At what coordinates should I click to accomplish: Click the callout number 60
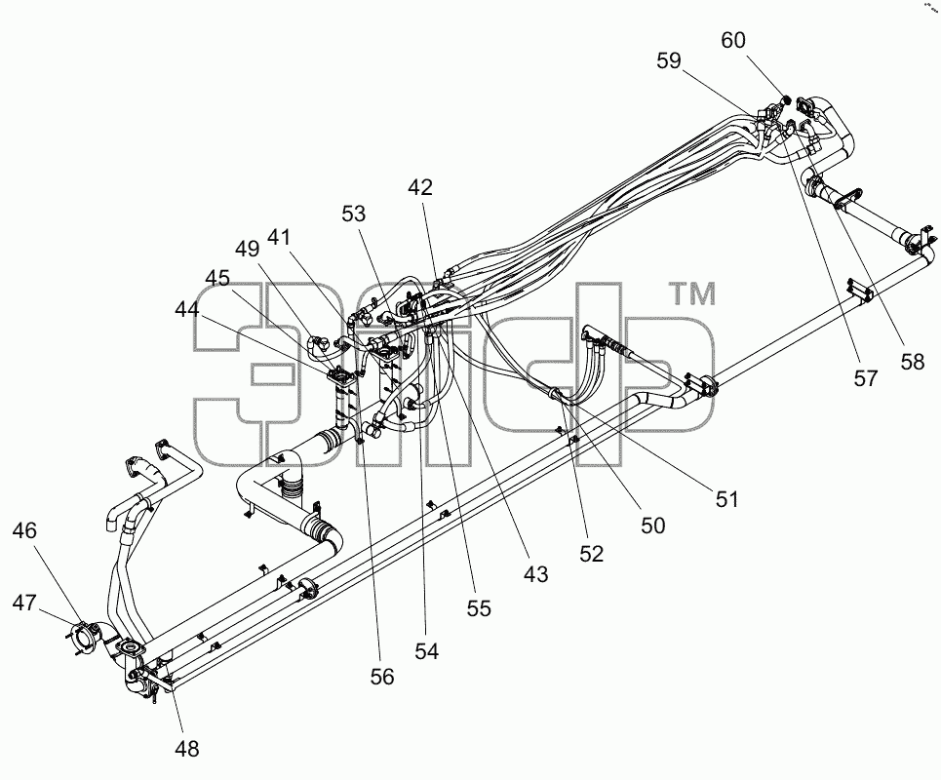pos(732,40)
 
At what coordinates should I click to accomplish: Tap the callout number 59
pos(669,60)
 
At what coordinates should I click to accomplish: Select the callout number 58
pos(912,362)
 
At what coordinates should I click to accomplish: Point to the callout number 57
pos(865,378)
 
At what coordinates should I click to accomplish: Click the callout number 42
pos(420,188)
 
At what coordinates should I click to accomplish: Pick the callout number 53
pos(353,214)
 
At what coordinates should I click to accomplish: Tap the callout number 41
pos(279,238)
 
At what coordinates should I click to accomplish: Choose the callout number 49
pos(248,249)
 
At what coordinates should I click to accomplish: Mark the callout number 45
pos(217,279)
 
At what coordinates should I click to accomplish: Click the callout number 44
pos(187,310)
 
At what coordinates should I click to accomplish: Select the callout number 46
pos(24,530)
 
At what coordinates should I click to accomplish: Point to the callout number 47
pos(24,603)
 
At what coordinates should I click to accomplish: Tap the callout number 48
pos(186,748)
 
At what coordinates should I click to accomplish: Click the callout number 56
pos(381,677)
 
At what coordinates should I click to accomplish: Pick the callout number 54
pos(427,651)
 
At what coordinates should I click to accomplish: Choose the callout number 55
pos(479,608)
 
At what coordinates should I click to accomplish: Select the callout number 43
pos(536,574)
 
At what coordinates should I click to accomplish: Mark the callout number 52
pos(591,553)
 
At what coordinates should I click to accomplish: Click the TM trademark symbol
pos(692,294)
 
